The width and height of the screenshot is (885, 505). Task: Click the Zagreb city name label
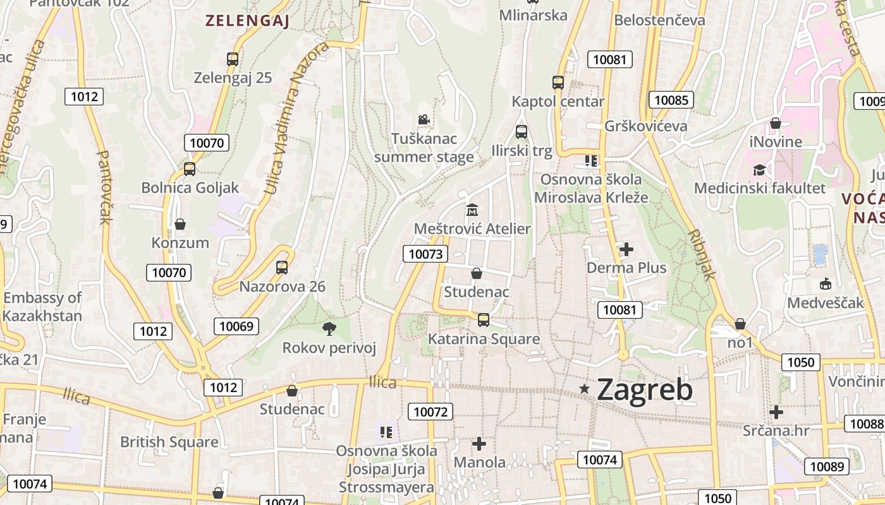644,389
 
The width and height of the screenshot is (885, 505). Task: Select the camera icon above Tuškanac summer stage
424,119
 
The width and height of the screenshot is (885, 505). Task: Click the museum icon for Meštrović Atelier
472,209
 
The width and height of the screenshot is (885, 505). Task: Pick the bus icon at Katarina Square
484,319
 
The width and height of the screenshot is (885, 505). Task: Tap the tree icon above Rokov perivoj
329,328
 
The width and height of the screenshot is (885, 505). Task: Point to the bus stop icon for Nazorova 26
282,267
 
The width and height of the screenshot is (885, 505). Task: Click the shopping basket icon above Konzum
180,224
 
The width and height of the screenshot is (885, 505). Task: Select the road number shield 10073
425,254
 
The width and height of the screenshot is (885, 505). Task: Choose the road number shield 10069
236,326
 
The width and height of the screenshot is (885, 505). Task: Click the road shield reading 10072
430,412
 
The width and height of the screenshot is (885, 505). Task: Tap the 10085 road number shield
671,100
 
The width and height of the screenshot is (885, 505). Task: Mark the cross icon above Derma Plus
626,249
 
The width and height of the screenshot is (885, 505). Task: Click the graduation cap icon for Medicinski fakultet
759,169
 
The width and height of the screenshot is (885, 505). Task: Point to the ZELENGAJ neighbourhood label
247,21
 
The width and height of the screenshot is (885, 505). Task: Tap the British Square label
169,442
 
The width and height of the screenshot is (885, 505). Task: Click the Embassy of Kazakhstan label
42,307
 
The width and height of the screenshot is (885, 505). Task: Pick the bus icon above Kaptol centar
558,82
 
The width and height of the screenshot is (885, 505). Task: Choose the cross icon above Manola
479,444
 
